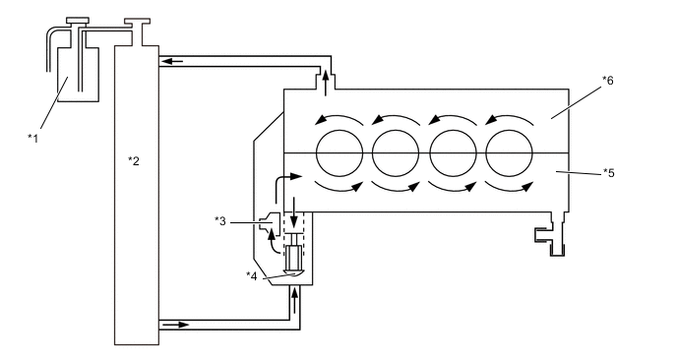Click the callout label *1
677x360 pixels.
[x=32, y=139]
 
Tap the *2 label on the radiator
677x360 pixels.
[x=134, y=161]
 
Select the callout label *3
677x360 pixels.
[x=220, y=221]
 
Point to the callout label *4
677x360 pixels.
[x=251, y=275]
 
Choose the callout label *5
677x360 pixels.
[x=608, y=173]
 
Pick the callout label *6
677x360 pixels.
[x=608, y=81]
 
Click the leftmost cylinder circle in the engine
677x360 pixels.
[x=339, y=153]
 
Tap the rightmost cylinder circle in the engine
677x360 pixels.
[x=510, y=153]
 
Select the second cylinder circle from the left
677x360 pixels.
[x=396, y=153]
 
